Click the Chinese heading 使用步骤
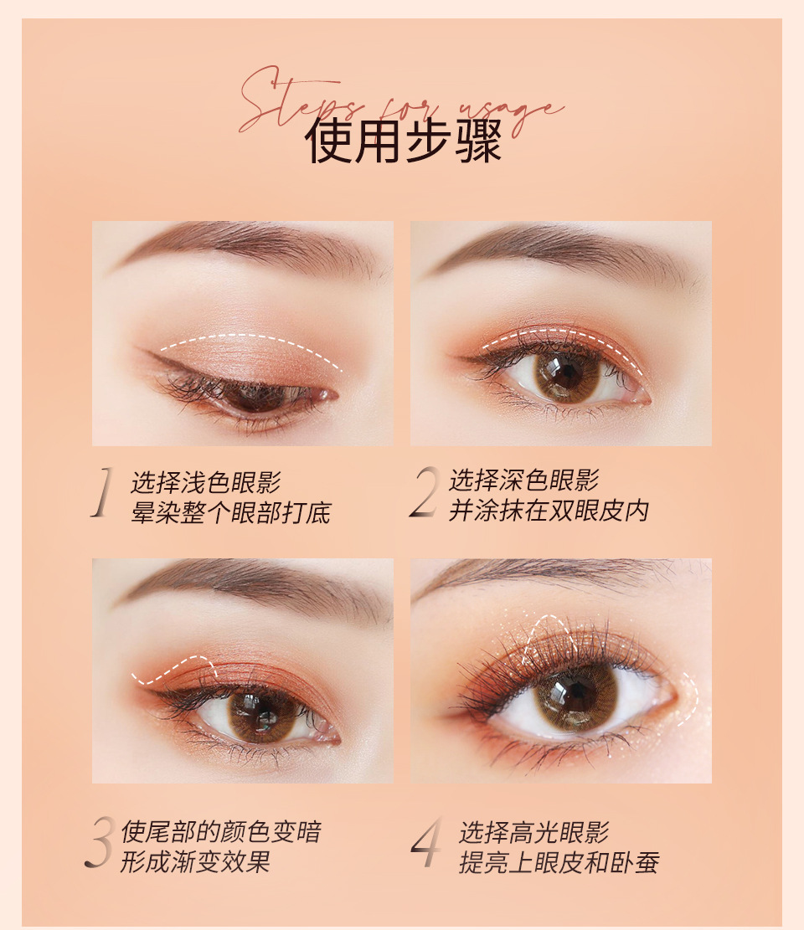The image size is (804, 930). click(x=403, y=141)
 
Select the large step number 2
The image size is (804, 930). click(x=424, y=494)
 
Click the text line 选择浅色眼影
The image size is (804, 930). click(x=206, y=482)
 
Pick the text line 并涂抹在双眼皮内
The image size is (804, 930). click(x=549, y=511)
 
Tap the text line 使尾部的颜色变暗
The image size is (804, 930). click(x=220, y=832)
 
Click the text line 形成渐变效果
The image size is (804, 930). click(x=195, y=862)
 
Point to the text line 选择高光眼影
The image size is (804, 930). click(x=533, y=833)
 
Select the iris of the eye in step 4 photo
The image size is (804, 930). click(x=575, y=694)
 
